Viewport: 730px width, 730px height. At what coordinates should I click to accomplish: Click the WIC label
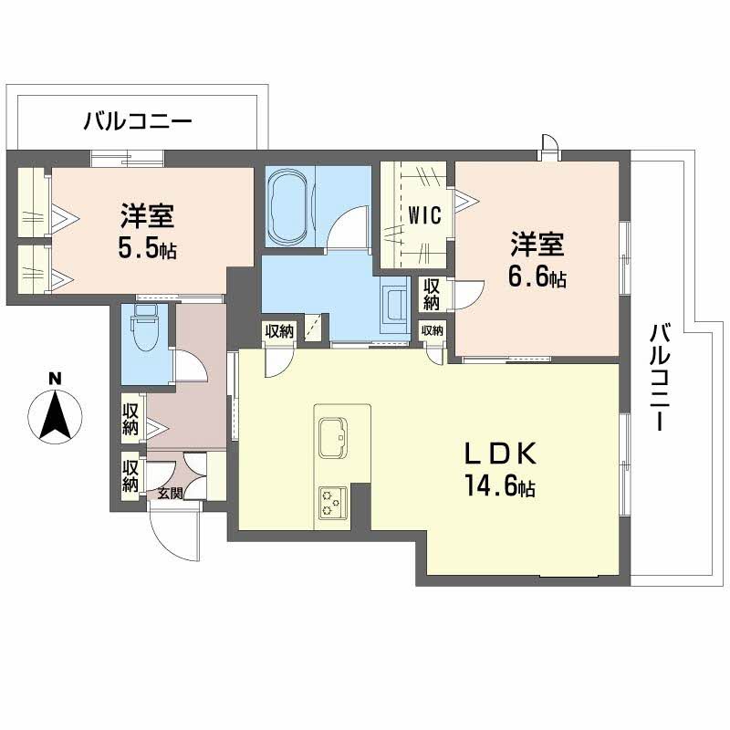click(424, 216)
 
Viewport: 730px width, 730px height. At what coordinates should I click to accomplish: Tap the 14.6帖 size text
click(500, 488)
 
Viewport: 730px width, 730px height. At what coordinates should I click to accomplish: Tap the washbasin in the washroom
click(396, 303)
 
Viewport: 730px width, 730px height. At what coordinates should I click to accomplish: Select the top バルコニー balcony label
click(137, 120)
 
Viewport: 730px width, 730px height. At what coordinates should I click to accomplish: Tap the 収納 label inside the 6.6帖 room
click(431, 295)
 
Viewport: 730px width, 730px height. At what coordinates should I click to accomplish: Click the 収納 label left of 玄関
click(130, 476)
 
